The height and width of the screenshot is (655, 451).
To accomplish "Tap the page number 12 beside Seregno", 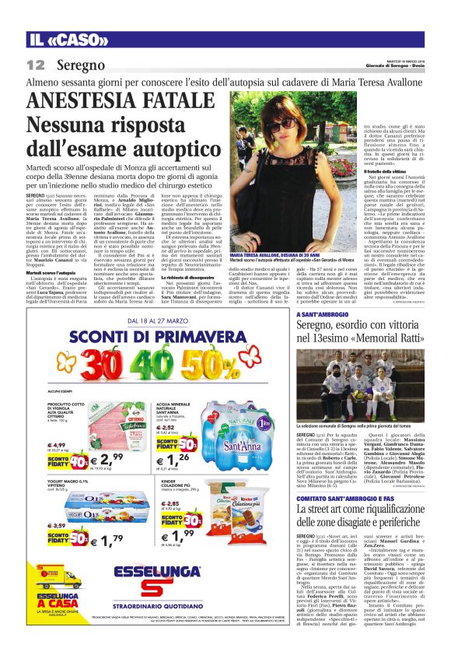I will (35, 65).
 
